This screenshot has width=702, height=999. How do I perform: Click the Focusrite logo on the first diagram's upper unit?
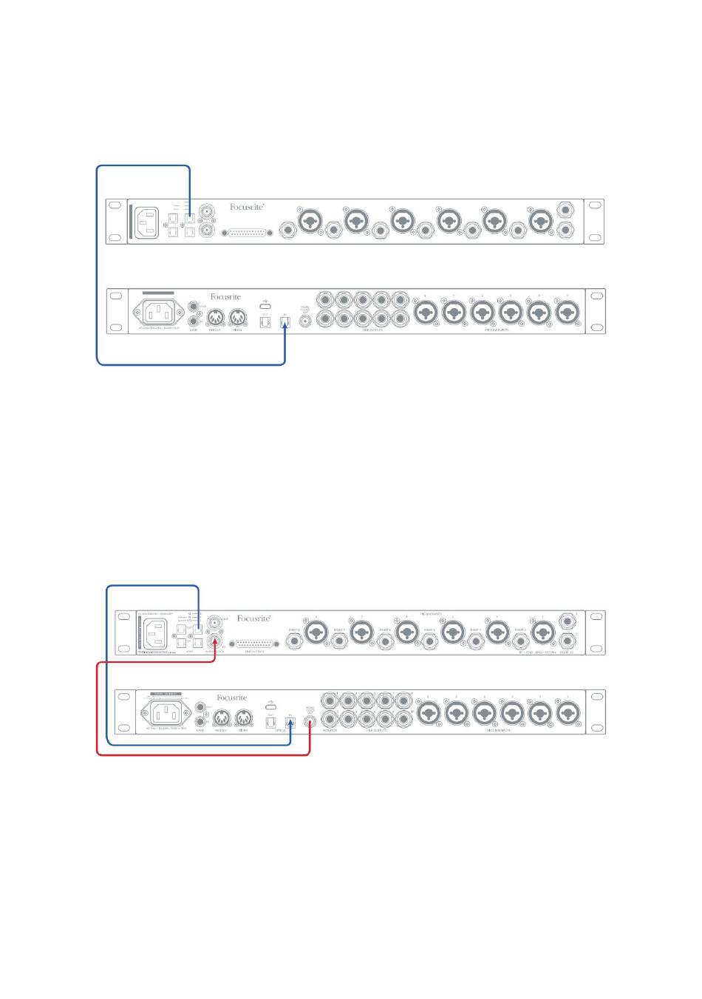pos(247,208)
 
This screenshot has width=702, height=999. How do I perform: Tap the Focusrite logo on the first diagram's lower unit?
pos(225,297)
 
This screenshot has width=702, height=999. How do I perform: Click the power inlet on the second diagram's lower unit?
pos(166,713)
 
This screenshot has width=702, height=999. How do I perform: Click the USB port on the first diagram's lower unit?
pos(265,305)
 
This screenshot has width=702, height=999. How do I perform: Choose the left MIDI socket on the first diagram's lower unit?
pos(215,318)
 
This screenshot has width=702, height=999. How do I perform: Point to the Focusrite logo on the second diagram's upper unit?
pos(253,618)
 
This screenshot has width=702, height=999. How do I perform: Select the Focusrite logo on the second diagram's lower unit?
pos(231,698)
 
